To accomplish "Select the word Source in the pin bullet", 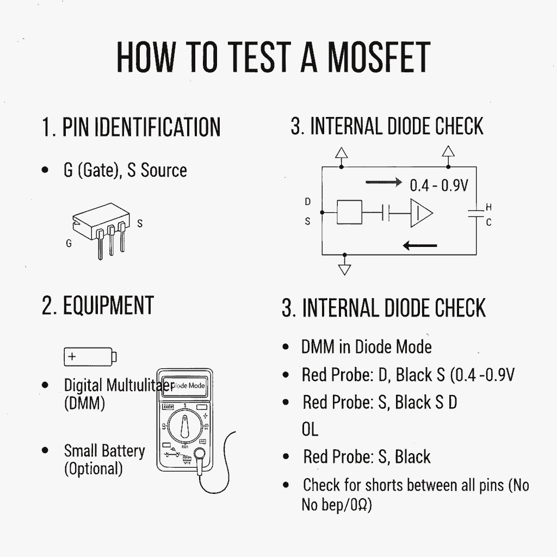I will pos(164,170).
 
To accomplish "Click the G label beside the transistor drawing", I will pos(69,244).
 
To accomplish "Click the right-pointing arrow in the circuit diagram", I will pos(384,182).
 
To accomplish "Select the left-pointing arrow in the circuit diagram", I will pos(420,245).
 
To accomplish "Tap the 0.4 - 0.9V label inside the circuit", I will pos(438,185).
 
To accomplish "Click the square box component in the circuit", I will pos(349,213).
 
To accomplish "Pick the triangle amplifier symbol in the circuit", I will pos(420,213).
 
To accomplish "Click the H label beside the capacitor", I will pos(488,207).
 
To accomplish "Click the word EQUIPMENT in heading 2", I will pos(108,306).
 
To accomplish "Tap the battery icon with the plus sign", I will pos(90,357).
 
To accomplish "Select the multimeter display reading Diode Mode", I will pos(185,386).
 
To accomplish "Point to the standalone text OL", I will pos(310,430).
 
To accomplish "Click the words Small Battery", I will pos(104,451).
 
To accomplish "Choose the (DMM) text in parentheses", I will pos(84,404).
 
